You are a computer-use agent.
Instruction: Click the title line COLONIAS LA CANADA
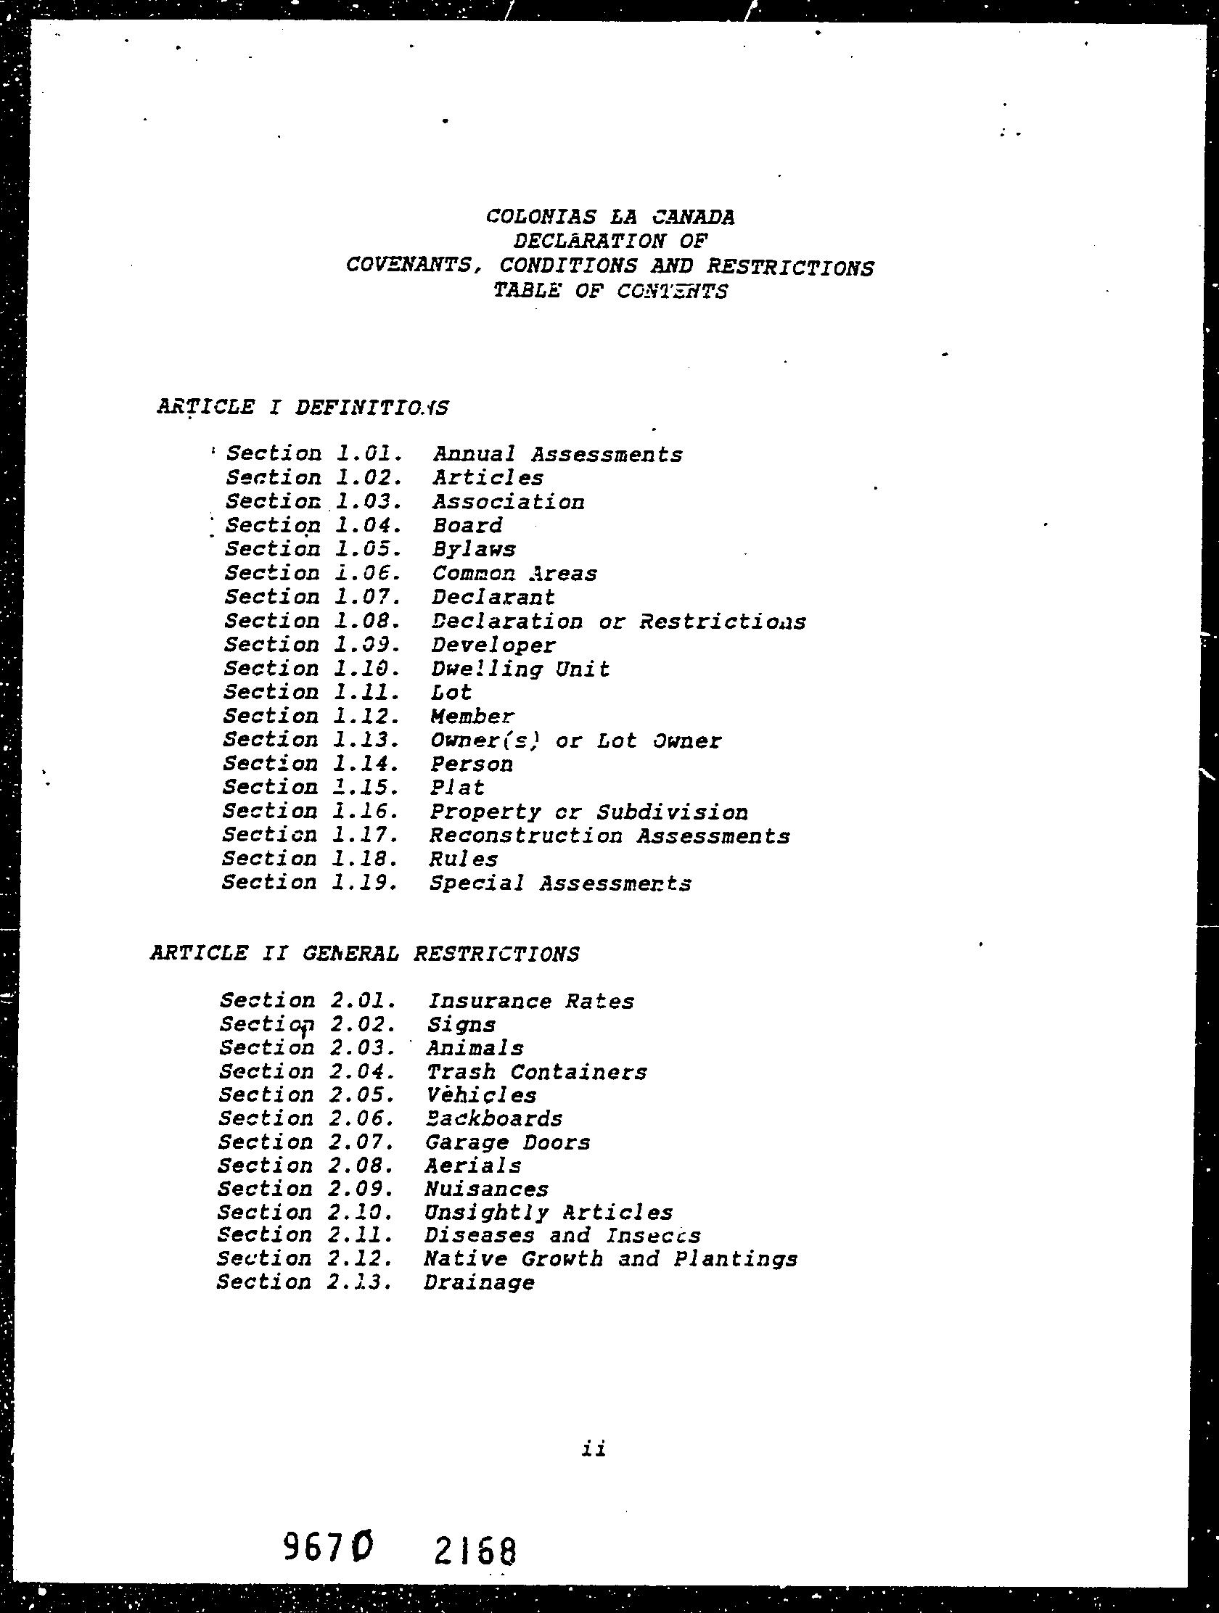click(610, 217)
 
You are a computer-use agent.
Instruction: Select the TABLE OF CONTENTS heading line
click(610, 291)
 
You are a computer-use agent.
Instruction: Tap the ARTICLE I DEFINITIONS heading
click(303, 407)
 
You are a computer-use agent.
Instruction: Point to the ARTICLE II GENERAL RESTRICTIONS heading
click(365, 954)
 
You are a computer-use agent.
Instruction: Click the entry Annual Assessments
click(557, 454)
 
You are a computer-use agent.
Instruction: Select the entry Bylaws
click(473, 549)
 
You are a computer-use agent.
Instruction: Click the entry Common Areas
click(514, 573)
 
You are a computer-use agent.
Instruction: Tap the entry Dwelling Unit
click(520, 669)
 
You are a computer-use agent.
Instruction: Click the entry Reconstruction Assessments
click(609, 836)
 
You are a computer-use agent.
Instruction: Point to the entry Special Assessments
click(559, 883)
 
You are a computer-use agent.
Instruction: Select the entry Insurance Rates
click(530, 1001)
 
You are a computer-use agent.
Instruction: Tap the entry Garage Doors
click(508, 1142)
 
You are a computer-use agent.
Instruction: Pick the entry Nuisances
click(487, 1189)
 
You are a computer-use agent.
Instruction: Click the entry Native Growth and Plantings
click(610, 1259)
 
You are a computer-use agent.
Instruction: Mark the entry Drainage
click(479, 1283)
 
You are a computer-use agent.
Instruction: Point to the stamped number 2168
click(476, 1551)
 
